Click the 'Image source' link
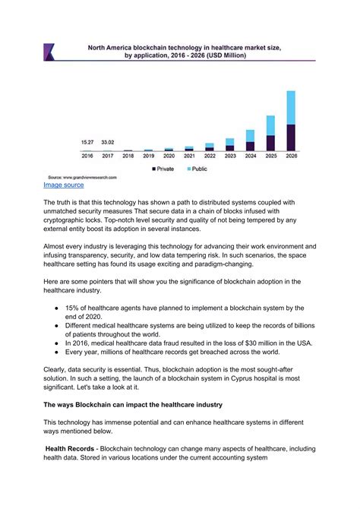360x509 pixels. coord(63,185)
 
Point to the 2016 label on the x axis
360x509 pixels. coord(87,156)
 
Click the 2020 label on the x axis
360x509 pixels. coord(169,156)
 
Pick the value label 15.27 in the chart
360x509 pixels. coord(87,142)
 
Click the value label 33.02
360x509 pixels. coord(108,142)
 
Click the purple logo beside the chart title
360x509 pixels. coord(49,52)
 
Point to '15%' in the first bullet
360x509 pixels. coord(81,308)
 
